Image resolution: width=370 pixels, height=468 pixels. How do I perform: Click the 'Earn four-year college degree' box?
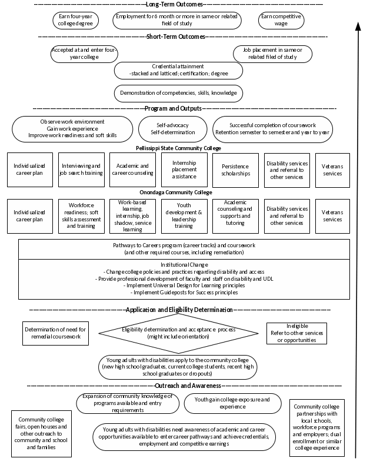coord(75,20)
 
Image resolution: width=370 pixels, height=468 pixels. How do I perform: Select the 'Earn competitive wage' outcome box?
coord(281,20)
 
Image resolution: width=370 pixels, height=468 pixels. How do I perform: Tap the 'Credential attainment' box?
coord(178,71)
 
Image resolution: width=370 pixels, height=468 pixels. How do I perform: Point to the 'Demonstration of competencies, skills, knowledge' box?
coord(178,93)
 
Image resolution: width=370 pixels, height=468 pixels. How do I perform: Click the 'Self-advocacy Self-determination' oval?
coord(172,129)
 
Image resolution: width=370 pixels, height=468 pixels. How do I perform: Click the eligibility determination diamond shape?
coord(178,333)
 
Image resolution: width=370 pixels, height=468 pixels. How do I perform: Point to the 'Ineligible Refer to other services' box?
coord(296,333)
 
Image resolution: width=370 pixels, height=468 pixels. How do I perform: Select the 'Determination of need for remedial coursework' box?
coord(55,333)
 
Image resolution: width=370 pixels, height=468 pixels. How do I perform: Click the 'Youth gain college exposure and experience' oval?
coord(232,403)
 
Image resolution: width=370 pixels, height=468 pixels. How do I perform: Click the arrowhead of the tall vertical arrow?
coord(357,26)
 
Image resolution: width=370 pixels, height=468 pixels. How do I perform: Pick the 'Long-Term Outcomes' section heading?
coord(176,5)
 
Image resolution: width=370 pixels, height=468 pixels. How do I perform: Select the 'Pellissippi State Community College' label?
coord(178,148)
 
